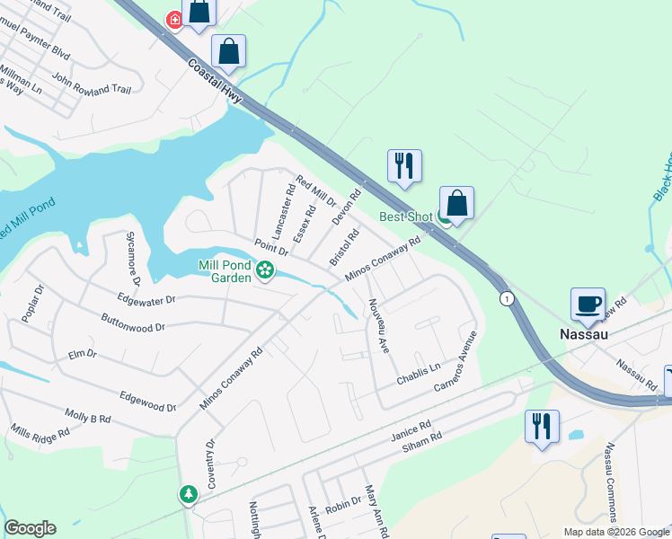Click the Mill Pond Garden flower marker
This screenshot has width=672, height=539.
point(264,269)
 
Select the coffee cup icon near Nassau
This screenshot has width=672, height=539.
point(588,304)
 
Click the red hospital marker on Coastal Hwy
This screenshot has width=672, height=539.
point(174,21)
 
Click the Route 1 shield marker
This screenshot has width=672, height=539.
point(508,298)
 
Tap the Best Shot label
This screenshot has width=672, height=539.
point(405,216)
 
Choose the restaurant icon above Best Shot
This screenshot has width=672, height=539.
point(403,165)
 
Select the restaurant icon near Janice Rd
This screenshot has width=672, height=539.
point(542,426)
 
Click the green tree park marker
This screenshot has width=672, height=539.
point(188,494)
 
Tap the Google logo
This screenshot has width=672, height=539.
point(30,528)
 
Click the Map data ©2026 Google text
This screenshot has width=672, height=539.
point(615,532)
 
